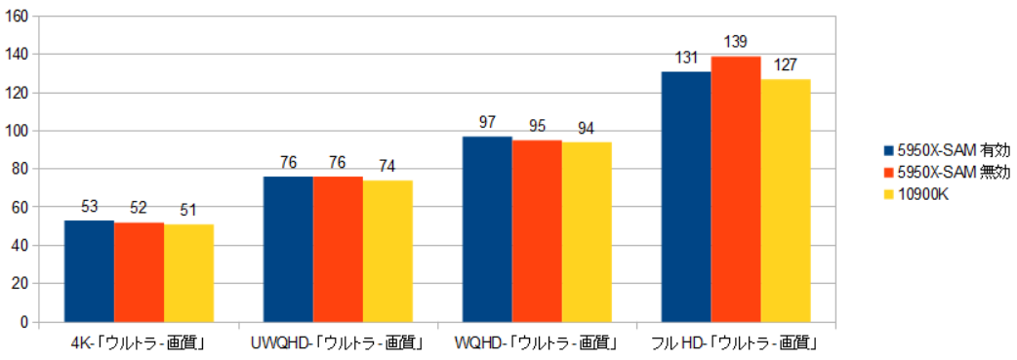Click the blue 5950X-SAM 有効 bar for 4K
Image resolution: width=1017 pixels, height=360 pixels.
(x=89, y=271)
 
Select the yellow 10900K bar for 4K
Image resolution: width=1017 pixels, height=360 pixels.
(x=188, y=273)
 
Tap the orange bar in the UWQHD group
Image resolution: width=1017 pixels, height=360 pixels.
(x=338, y=249)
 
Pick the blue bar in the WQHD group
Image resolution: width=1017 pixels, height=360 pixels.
(x=487, y=229)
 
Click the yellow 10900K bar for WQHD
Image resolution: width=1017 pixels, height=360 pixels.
(x=587, y=232)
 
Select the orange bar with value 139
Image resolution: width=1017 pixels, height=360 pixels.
(x=736, y=189)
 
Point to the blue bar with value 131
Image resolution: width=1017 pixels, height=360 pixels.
(x=686, y=196)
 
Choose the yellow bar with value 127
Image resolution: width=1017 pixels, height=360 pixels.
(x=786, y=200)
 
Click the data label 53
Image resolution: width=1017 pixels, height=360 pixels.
(x=89, y=207)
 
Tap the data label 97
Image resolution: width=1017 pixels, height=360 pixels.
(x=487, y=123)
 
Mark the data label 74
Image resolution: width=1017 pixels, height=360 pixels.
(x=387, y=167)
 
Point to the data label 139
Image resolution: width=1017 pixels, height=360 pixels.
(x=736, y=43)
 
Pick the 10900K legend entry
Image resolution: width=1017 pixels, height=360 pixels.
(x=922, y=194)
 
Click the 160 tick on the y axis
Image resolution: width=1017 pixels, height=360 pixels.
(x=18, y=17)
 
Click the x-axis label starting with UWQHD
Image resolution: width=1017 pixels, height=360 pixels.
(x=337, y=343)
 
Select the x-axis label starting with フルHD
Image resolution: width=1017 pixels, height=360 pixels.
(x=736, y=343)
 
